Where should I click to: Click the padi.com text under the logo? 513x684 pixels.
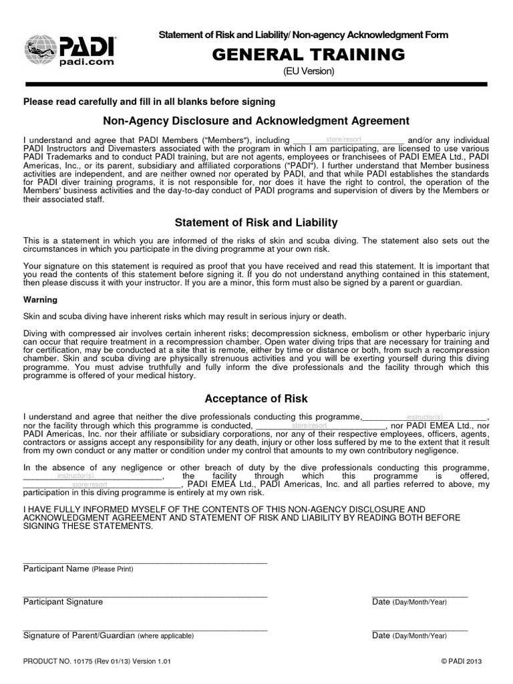(87, 61)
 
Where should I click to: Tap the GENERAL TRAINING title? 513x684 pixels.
(307, 54)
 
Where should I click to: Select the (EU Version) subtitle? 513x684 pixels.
(307, 71)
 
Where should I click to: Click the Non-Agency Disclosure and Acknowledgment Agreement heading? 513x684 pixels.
(256, 121)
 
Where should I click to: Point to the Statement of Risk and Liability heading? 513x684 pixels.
(256, 222)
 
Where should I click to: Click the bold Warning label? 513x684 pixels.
(40, 300)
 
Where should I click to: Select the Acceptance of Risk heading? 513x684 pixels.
(256, 399)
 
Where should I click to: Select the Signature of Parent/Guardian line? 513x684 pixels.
(145, 629)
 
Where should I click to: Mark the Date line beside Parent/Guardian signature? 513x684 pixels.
(419, 629)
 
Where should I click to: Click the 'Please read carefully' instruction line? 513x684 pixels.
(149, 102)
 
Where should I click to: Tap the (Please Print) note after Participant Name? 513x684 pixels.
(112, 570)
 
